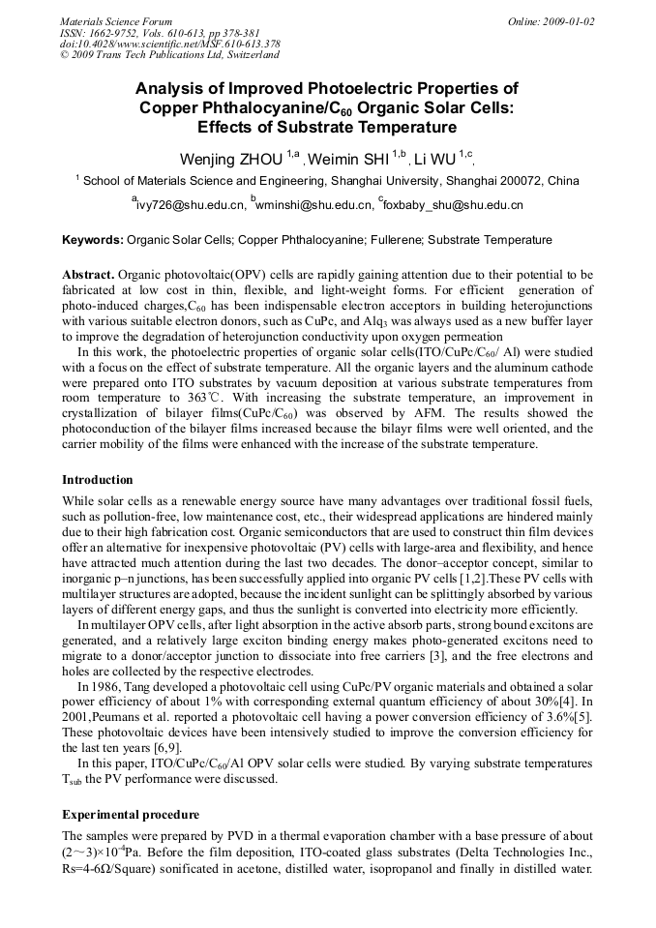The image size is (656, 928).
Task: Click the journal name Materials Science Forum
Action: click(x=116, y=21)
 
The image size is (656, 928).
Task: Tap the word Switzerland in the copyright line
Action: click(x=249, y=55)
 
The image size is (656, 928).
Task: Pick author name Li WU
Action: click(x=435, y=159)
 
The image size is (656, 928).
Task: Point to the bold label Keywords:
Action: click(x=93, y=240)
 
